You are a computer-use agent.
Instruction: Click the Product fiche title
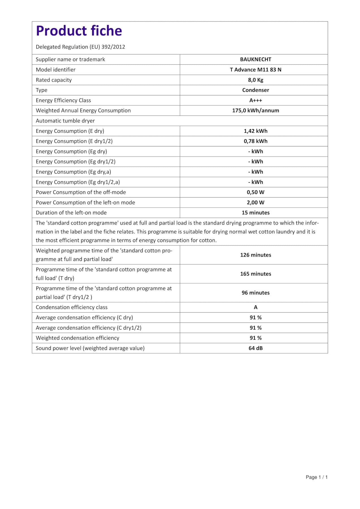pos(79,31)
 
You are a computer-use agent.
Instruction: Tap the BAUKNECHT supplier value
pos(255,59)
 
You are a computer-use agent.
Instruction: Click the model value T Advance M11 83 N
pos(255,70)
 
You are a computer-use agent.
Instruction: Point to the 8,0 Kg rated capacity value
pos(255,80)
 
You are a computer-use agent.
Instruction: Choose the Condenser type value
pos(255,90)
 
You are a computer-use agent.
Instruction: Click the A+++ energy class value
pos(255,100)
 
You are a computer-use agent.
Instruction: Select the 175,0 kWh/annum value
pos(255,111)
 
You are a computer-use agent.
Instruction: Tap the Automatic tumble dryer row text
pos(65,121)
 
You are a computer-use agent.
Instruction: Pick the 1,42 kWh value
pos(255,131)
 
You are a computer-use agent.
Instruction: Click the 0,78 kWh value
pos(255,141)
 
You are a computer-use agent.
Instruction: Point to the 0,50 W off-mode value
pos(255,192)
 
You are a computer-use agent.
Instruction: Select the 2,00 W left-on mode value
pos(255,202)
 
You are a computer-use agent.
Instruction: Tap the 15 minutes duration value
pos(255,213)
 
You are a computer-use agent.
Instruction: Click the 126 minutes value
pos(255,255)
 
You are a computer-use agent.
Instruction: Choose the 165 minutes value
pos(255,274)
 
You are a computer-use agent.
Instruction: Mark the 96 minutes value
pos(255,293)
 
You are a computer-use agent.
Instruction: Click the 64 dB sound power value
pos(255,348)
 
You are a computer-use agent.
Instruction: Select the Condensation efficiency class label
pos(72,307)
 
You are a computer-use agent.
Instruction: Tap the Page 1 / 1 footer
pos(316,477)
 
